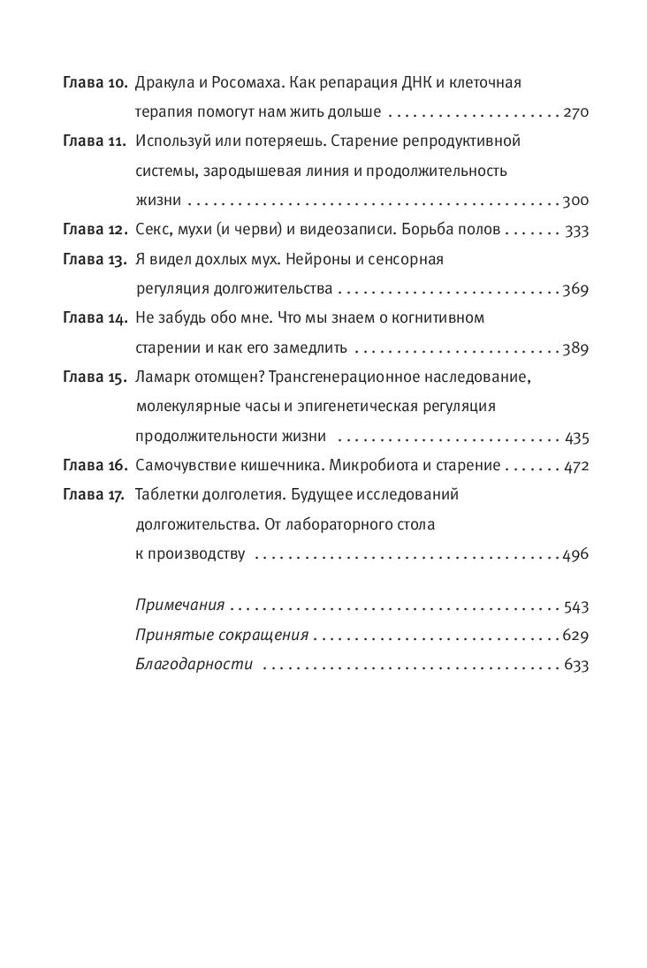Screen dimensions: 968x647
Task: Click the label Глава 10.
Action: point(95,83)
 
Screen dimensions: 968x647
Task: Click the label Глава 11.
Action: point(95,141)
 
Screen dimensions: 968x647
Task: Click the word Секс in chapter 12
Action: point(154,230)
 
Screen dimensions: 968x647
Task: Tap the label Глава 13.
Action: point(95,259)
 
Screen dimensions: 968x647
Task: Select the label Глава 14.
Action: point(95,318)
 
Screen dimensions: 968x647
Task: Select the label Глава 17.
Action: point(95,495)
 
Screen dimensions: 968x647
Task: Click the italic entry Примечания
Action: point(180,606)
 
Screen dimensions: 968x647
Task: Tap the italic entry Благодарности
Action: point(194,665)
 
